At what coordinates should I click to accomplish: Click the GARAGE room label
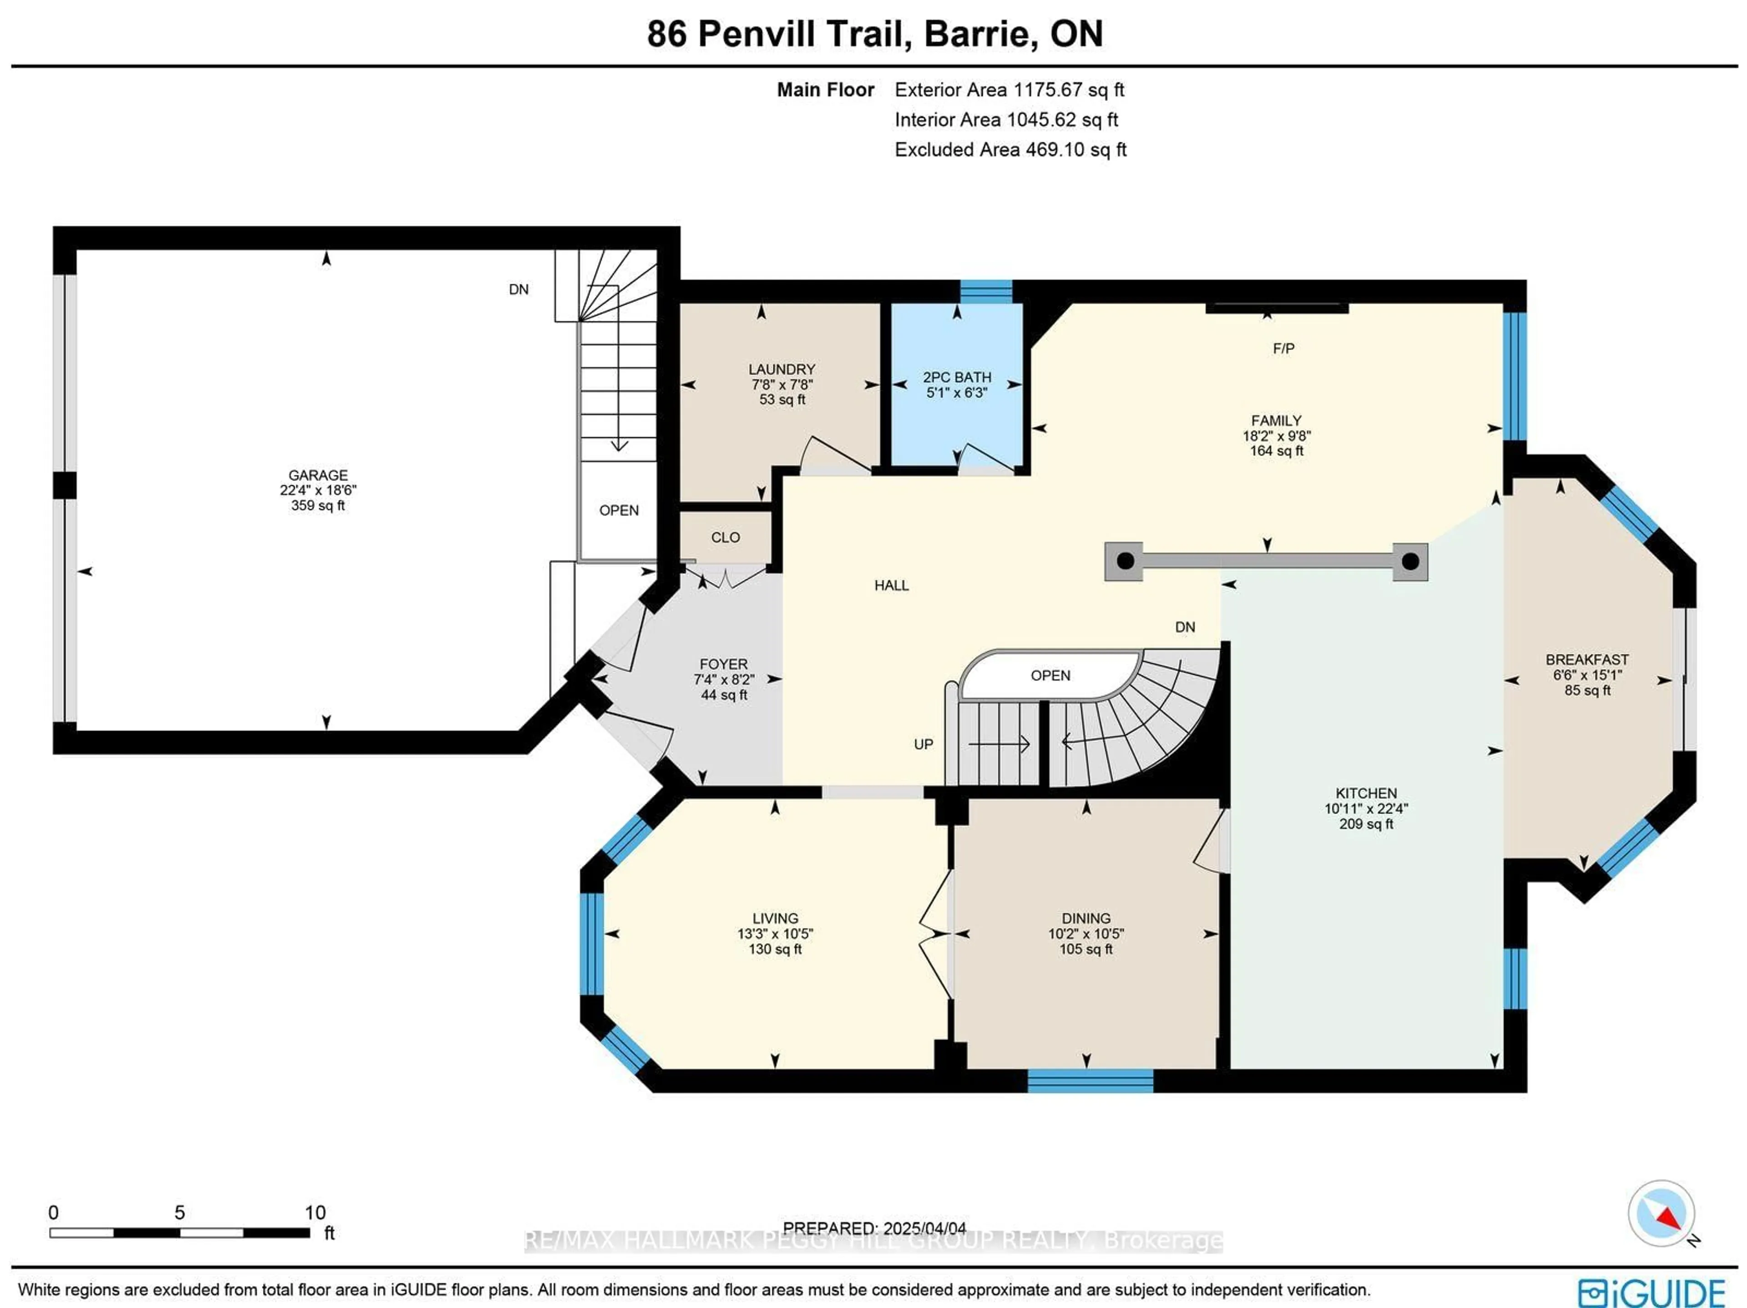318,475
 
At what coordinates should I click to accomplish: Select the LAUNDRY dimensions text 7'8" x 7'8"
782,384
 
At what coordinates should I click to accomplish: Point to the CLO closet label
725,538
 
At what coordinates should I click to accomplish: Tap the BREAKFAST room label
1587,660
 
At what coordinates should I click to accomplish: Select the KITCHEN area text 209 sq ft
1366,824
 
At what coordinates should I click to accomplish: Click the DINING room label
1086,918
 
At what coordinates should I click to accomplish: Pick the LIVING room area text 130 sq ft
775,949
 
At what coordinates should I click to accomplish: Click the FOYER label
723,664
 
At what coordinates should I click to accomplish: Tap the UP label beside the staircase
923,744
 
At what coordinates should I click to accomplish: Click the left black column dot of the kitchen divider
1126,561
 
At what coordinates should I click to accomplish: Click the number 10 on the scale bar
315,1212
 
